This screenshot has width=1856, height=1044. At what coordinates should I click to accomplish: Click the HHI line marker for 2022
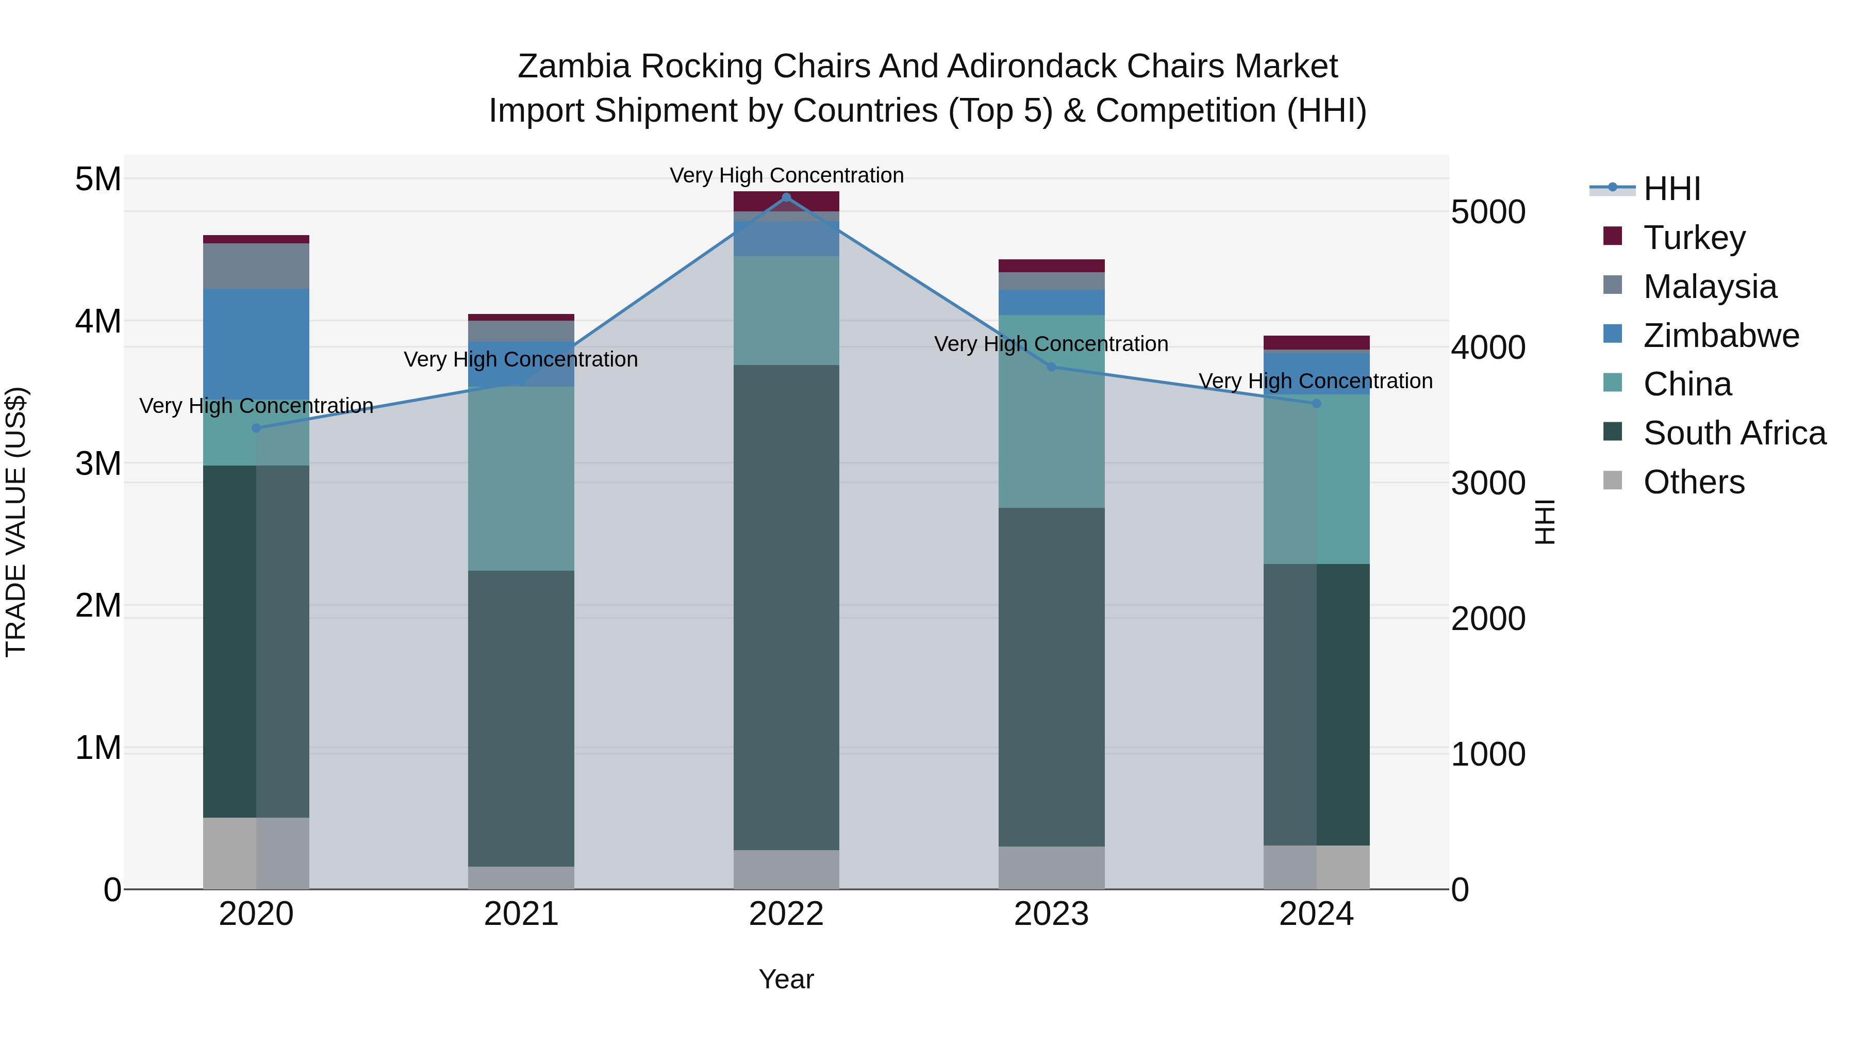(x=786, y=197)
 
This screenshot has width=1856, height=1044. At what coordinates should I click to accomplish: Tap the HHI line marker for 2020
(x=257, y=428)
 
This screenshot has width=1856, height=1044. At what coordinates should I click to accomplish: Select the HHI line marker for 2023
(x=1051, y=367)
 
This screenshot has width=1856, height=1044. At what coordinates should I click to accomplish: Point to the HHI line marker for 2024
(x=1316, y=404)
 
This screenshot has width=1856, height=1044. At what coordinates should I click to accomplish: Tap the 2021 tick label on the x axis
(x=521, y=914)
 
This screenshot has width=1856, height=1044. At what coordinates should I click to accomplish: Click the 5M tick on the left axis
(x=98, y=179)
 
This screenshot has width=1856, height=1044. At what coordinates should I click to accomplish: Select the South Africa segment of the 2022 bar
(x=786, y=607)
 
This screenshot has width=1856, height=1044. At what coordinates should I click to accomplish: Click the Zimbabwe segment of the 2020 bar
(x=257, y=344)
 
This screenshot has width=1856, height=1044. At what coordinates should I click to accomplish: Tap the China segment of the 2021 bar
(x=521, y=478)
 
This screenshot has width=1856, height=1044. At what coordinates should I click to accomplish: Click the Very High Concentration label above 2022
(x=786, y=175)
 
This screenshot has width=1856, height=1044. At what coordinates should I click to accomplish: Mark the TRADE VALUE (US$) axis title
(x=16, y=522)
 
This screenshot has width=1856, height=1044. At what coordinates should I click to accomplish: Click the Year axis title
(x=786, y=979)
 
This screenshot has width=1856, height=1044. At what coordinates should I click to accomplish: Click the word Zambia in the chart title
(x=573, y=67)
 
